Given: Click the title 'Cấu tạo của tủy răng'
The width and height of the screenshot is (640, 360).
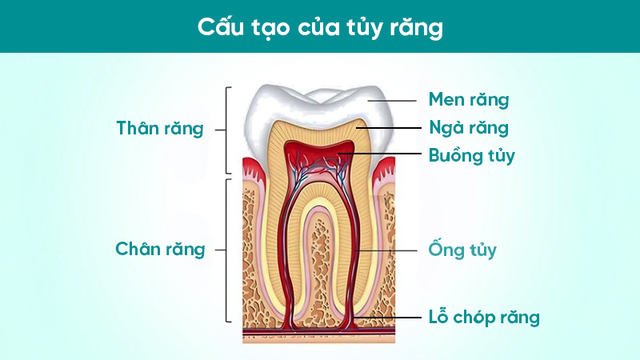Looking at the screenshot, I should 319,26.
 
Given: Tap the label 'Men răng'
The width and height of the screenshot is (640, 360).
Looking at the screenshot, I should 469,100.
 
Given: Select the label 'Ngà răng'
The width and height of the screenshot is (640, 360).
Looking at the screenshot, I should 469,127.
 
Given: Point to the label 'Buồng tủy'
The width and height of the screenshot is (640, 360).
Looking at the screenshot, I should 471,154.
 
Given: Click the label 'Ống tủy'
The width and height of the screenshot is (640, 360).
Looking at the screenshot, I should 462,250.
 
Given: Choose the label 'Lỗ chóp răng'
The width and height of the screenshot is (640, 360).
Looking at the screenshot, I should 483,317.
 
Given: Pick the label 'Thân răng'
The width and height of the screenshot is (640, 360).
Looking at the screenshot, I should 160,128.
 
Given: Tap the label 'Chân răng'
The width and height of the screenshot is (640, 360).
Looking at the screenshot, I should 160,249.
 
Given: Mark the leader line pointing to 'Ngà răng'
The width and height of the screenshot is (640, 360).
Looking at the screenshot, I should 388,127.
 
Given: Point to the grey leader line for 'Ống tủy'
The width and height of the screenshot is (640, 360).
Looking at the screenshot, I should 388,250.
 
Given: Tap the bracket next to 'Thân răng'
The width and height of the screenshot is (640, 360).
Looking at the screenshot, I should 229,129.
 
